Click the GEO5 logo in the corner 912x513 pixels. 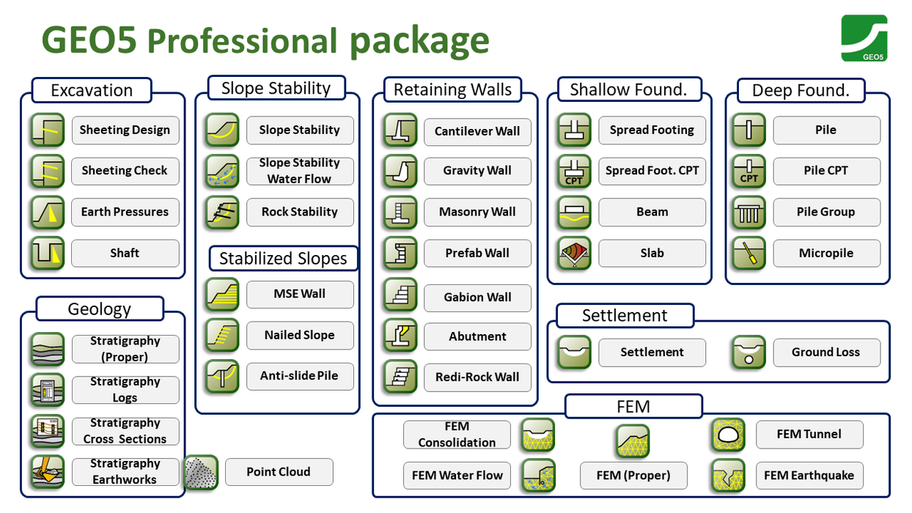click(864, 38)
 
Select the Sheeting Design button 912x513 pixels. click(125, 130)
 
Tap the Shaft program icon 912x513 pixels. click(48, 254)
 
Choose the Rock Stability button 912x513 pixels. click(300, 213)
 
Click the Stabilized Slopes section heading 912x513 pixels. click(283, 259)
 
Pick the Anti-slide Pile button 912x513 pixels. click(300, 376)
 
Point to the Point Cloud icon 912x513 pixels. click(201, 473)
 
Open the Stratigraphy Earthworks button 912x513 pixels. click(125, 472)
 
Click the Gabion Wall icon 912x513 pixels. click(400, 295)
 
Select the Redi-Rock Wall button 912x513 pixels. click(477, 377)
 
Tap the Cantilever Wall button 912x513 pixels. click(477, 132)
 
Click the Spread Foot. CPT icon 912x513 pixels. click(574, 171)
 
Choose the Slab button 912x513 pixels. click(652, 254)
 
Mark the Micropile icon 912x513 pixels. click(749, 254)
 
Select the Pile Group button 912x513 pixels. click(826, 213)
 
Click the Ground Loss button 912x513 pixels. click(826, 353)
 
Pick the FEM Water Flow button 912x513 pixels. click(457, 476)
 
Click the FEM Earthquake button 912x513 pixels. click(809, 476)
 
